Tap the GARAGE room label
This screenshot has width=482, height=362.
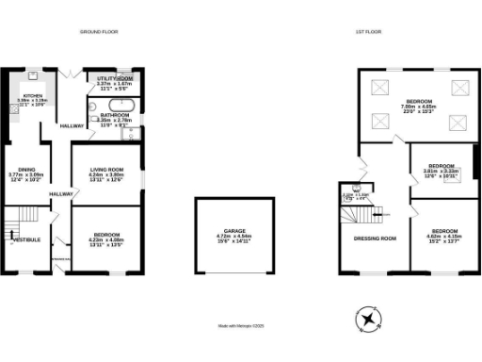tap(235, 229)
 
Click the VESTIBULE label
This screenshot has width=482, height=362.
tap(27, 239)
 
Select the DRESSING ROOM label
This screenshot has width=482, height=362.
tap(375, 239)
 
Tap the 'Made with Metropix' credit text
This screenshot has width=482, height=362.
tap(240, 326)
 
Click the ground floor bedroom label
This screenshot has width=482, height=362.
tap(106, 236)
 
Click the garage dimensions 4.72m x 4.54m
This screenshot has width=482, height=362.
tap(235, 236)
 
